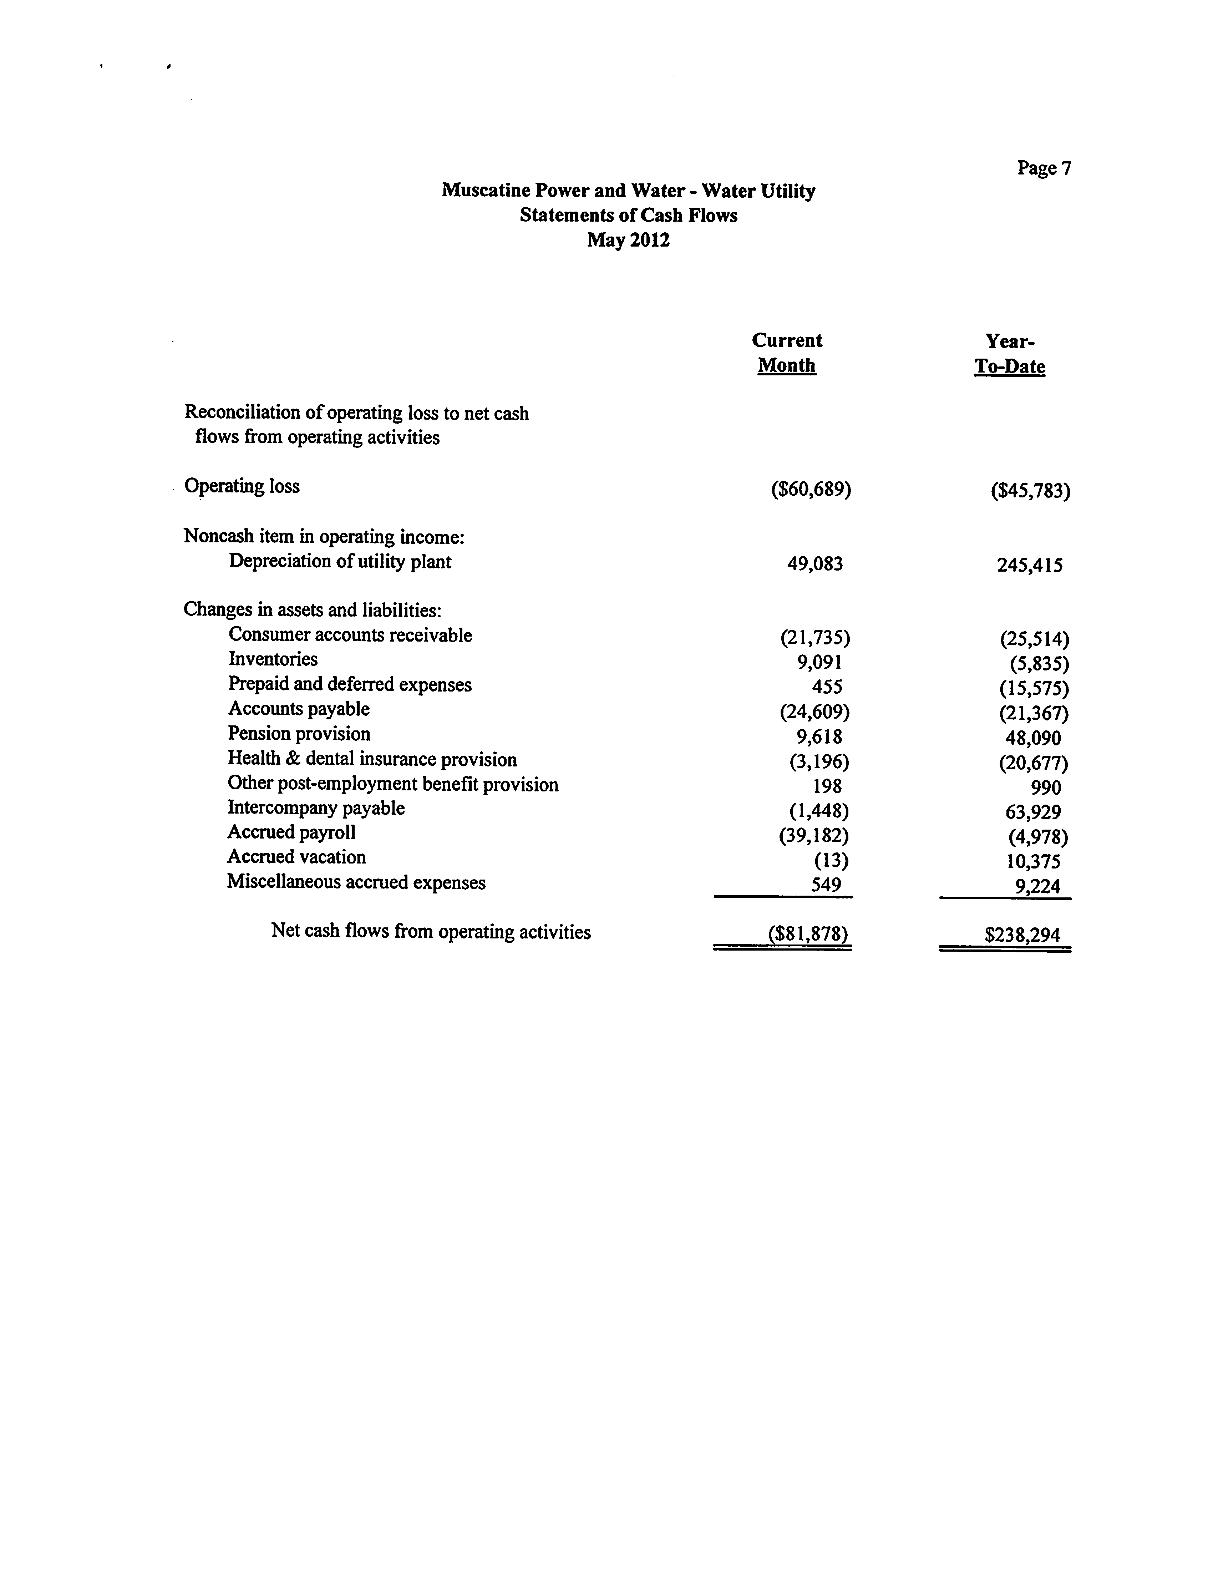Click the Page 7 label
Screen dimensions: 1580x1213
[1044, 168]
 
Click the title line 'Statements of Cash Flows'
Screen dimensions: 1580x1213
[628, 215]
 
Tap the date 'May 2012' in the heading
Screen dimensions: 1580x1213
[628, 240]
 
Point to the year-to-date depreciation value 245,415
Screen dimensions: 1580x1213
[1030, 565]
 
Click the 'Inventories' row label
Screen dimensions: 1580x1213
[273, 659]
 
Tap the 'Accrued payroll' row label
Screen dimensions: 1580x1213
[292, 832]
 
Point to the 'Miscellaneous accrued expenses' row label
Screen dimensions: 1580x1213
[356, 882]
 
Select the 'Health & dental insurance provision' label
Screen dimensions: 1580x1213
[372, 760]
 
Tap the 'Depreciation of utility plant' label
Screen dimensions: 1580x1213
[340, 562]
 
